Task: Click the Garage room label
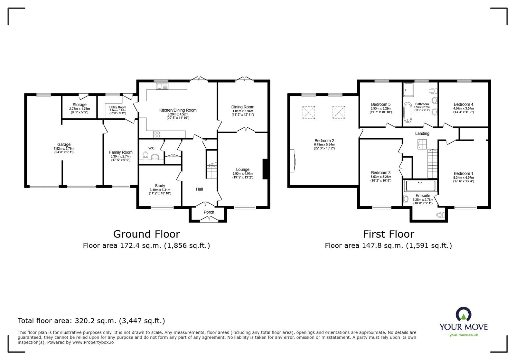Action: coord(64,144)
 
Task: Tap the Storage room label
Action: coord(79,105)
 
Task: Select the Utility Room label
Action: coord(117,107)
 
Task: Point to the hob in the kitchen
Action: coord(157,134)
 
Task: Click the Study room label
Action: coord(160,186)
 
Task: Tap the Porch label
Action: coord(209,212)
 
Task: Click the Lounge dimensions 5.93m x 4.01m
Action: coord(243,174)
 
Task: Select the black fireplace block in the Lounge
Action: coord(265,169)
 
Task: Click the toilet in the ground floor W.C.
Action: coord(145,156)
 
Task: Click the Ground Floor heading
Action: coord(146,234)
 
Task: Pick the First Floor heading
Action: coord(389,234)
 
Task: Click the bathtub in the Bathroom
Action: coord(407,113)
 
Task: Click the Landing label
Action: coord(422,134)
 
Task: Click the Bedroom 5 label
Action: coord(381,104)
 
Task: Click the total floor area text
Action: coord(91,321)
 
